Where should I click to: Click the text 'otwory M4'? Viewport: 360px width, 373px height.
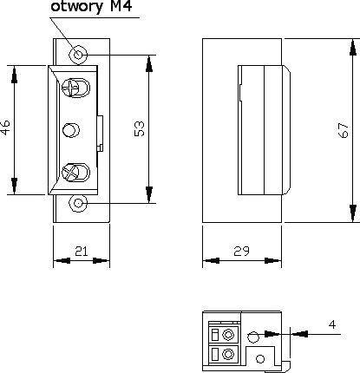click(91, 6)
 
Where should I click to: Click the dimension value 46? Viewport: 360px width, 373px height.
click(5, 128)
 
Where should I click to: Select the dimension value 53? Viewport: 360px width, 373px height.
click(139, 128)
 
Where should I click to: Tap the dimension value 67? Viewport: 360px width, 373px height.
click(344, 130)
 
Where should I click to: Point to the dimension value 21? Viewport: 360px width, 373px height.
click(82, 252)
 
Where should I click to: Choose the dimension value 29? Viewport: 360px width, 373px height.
click(241, 252)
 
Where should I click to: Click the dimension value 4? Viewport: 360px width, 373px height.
click(332, 324)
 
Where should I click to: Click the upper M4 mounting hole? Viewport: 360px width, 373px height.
click(78, 54)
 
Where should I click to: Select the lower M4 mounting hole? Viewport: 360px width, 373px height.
click(78, 203)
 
